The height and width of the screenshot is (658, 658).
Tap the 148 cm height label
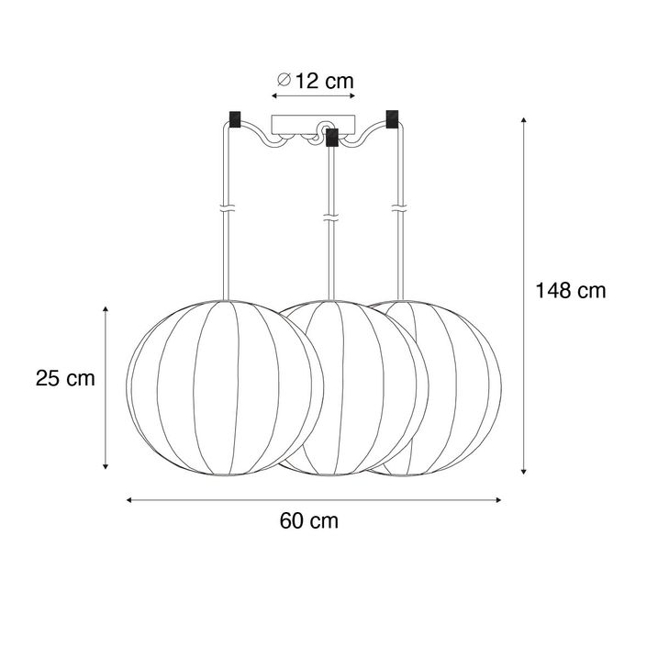[571, 291]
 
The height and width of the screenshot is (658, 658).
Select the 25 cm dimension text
[65, 377]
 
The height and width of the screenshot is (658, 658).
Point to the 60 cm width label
[309, 521]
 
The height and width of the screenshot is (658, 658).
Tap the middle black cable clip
[332, 138]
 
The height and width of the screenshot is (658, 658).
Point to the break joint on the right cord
[399, 208]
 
